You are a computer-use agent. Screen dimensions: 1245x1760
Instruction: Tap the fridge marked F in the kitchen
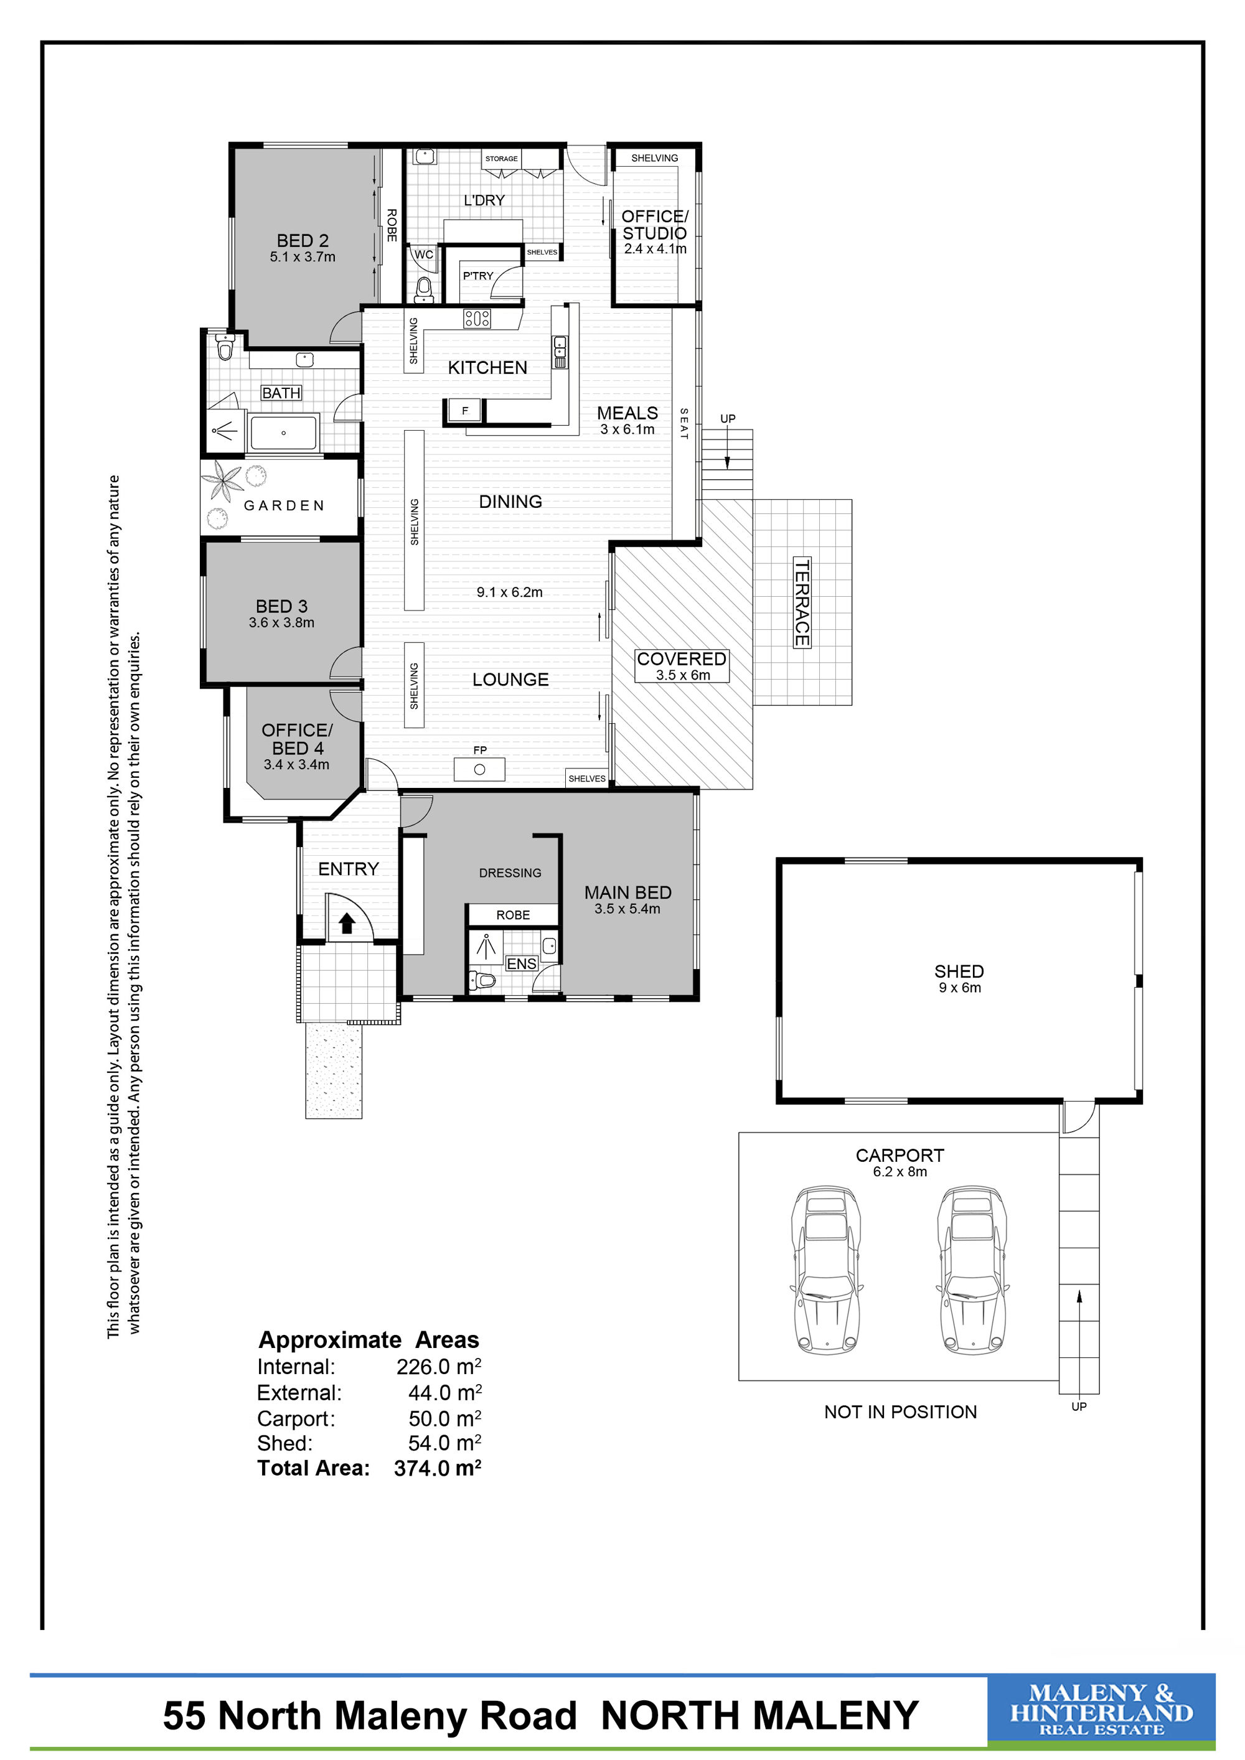464,411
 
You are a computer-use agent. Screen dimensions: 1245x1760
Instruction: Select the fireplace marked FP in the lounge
479,769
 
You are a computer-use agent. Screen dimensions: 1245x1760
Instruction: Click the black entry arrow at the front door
347,923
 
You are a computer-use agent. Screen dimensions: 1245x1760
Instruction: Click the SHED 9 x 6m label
959,979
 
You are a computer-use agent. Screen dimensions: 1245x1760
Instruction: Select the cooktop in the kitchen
477,318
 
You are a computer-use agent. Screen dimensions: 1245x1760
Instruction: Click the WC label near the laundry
424,255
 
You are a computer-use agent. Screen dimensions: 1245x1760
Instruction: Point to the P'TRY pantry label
477,276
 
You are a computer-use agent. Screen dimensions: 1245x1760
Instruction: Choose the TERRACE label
801,602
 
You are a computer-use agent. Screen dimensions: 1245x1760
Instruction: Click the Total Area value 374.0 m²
437,1468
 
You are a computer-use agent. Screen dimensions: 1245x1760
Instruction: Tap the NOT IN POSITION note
900,1412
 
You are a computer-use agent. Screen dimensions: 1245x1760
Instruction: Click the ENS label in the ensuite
521,963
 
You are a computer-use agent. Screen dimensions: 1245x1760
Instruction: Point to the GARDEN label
284,505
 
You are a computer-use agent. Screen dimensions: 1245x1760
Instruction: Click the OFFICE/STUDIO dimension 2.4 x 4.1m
655,248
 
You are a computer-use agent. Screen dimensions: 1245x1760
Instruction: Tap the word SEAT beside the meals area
684,424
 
